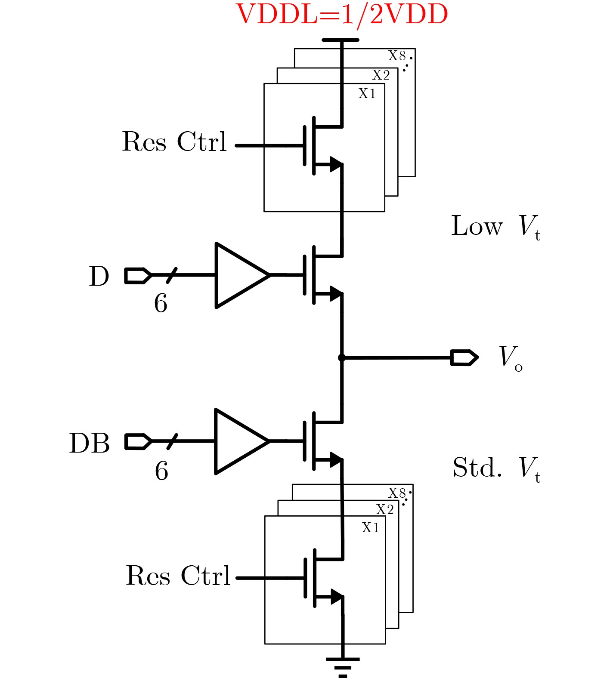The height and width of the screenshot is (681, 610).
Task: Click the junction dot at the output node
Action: pos(342,358)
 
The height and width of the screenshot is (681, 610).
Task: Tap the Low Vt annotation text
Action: pos(495,227)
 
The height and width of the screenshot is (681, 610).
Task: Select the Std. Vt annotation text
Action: pos(496,468)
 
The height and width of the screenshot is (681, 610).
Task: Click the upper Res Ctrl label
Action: pos(174,142)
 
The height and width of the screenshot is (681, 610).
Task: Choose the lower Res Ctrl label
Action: pos(178,576)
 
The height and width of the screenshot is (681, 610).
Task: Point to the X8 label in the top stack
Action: pos(397,56)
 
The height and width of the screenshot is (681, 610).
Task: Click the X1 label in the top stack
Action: pos(367,94)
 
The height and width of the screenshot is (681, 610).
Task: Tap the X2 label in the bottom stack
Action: pos(385,510)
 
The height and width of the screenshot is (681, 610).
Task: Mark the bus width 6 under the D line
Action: pos(161,304)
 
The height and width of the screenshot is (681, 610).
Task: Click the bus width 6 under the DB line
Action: pos(161,471)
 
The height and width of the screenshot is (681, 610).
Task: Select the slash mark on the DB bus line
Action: pos(172,442)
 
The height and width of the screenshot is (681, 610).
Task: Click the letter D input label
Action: pos(99,277)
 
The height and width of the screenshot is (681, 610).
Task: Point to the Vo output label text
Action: pos(511,358)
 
